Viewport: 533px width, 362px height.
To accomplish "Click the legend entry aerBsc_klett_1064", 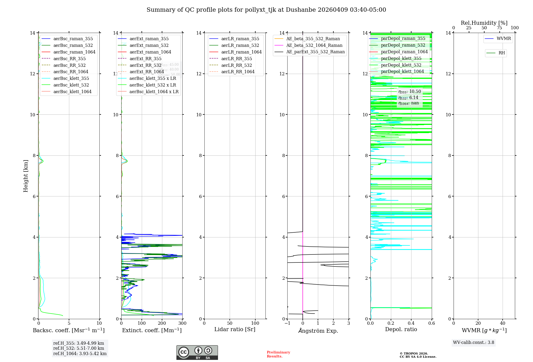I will [72, 92].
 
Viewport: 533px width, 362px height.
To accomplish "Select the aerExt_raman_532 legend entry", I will [149, 45].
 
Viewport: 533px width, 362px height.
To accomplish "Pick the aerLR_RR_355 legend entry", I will [236, 59].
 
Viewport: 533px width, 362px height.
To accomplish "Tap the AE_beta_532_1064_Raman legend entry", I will [314, 45].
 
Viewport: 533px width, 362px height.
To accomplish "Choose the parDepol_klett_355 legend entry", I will [401, 58].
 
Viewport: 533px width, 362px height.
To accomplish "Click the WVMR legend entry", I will [504, 39].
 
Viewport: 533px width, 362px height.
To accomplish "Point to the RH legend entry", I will [502, 53].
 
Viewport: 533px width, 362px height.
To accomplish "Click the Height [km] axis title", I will [26, 176].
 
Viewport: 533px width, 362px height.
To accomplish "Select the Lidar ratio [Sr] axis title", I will [235, 329].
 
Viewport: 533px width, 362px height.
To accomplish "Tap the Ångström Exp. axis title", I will [318, 331].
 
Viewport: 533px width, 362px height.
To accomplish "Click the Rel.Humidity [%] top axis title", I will [484, 23].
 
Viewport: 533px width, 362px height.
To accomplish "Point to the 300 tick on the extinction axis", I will [182, 323].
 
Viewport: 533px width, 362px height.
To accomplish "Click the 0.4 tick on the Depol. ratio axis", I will [411, 323].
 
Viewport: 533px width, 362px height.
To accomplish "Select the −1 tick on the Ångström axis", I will [287, 323].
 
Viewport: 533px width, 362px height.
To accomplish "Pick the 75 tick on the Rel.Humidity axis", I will [499, 28].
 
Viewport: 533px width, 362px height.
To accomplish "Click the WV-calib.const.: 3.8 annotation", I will [474, 343].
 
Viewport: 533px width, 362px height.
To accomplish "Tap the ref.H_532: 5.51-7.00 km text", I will [79, 348].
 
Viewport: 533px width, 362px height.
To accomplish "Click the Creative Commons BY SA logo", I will [197, 352].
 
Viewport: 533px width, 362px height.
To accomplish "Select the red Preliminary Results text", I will [278, 354].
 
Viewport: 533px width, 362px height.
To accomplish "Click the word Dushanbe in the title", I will [301, 10].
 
